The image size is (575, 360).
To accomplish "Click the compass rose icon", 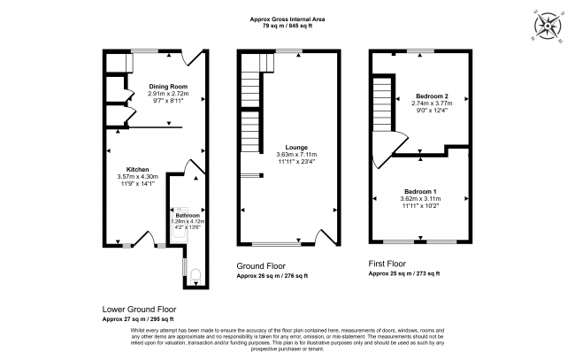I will (x=548, y=27).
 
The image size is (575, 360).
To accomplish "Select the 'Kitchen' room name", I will (x=136, y=169).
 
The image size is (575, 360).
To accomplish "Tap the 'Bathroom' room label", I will (x=187, y=216).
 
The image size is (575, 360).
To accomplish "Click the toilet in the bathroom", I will (x=194, y=274).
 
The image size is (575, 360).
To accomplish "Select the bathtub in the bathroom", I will (x=175, y=226).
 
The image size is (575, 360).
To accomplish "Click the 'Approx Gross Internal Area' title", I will (x=287, y=18).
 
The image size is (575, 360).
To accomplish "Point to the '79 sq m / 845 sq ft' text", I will (x=287, y=25).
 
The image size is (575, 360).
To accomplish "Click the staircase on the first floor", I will (x=383, y=102).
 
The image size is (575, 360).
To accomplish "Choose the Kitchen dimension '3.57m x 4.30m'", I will (x=136, y=177).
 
